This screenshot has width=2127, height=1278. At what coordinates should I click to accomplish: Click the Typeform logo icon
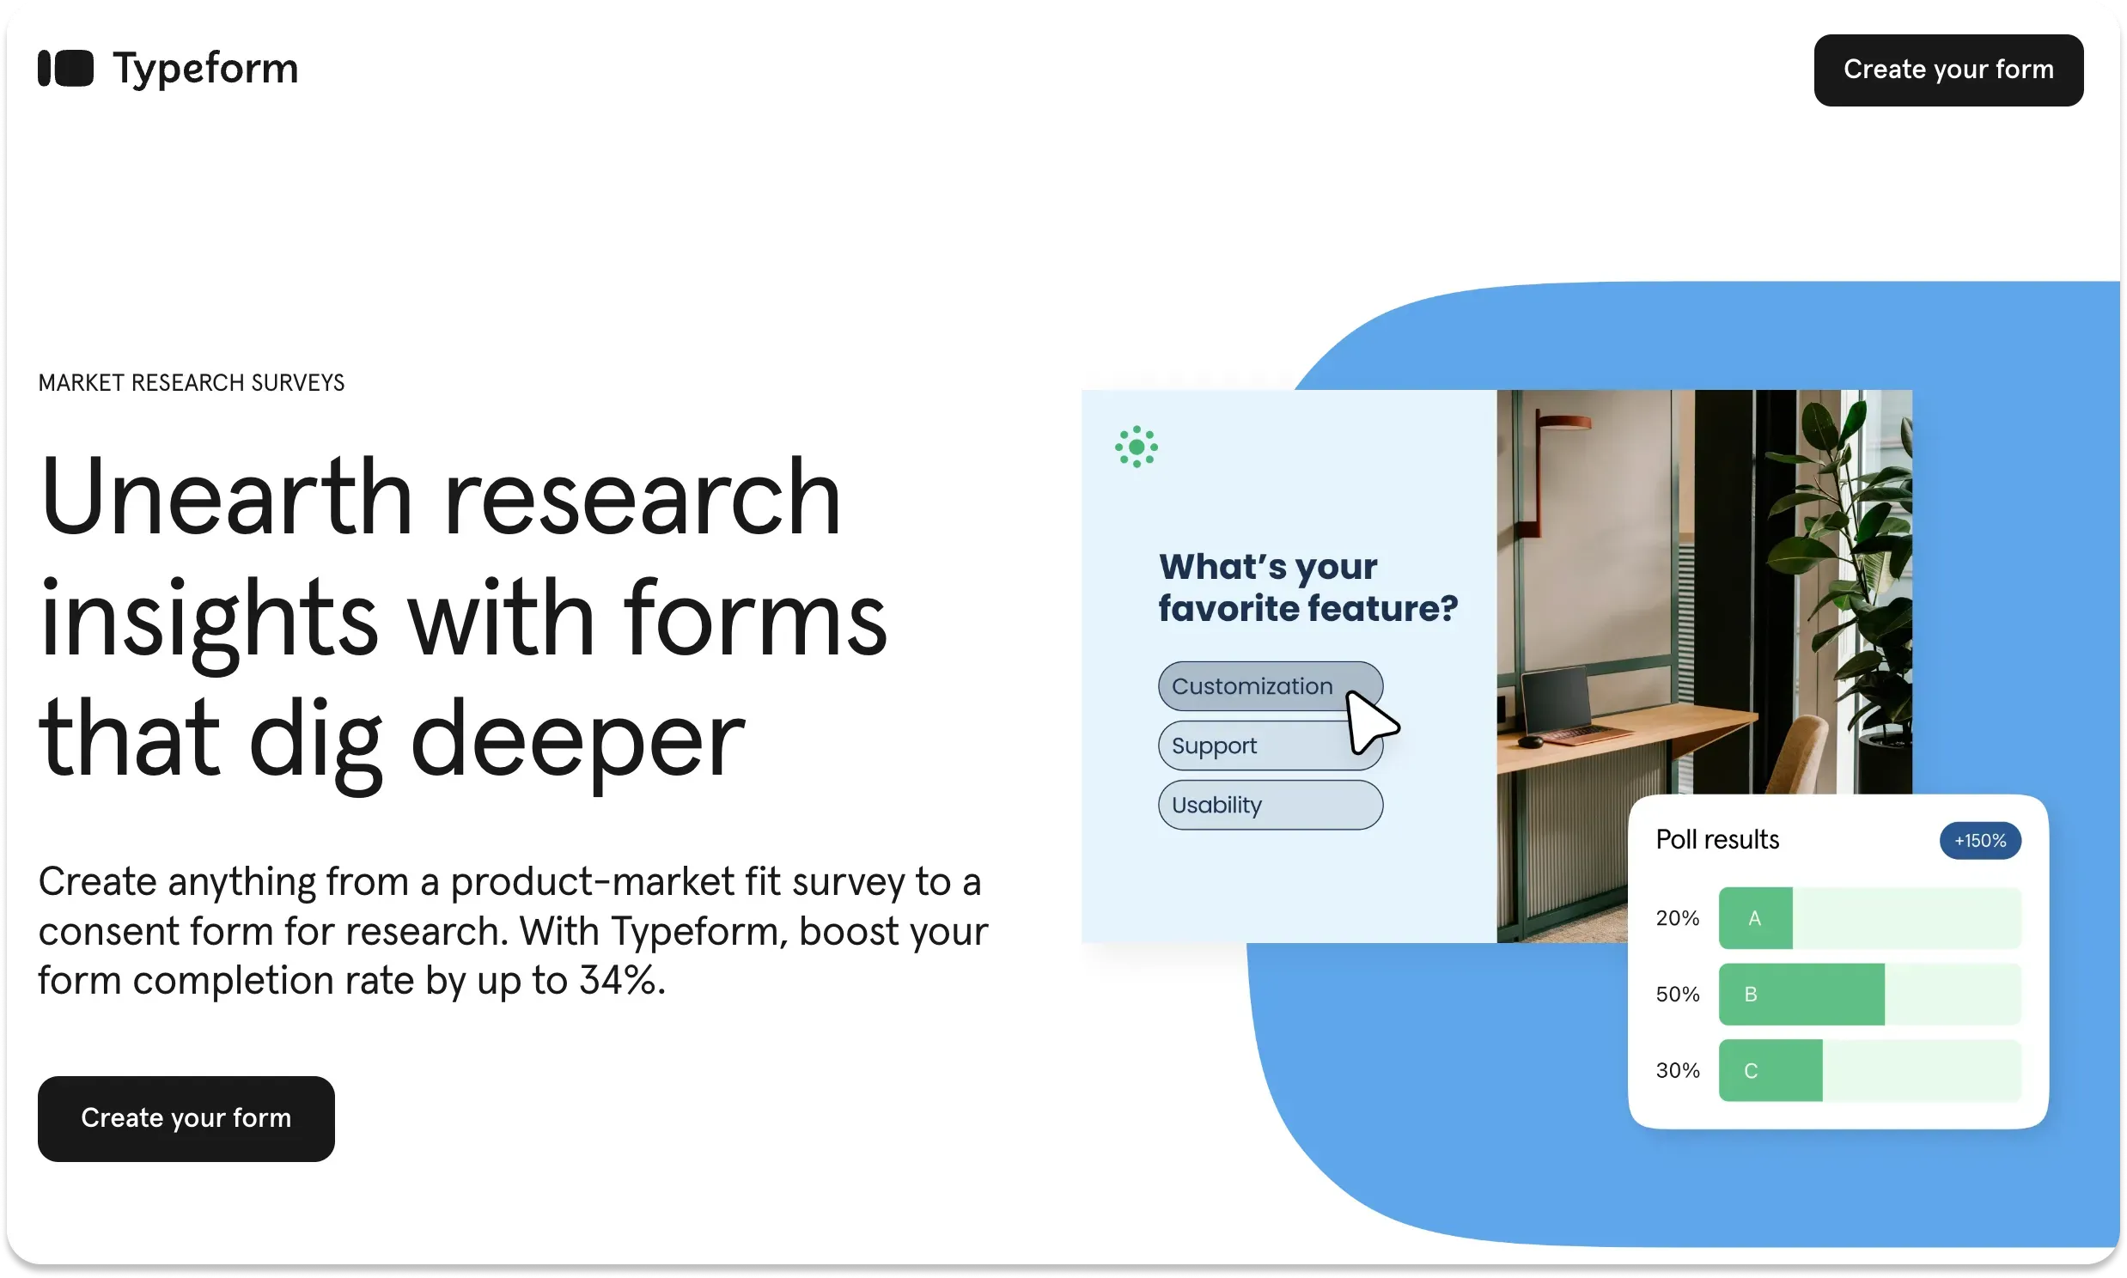[x=65, y=69]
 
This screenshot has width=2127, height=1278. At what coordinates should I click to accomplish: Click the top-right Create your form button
[x=1947, y=70]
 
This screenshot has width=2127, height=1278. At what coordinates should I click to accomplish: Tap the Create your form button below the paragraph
[x=186, y=1117]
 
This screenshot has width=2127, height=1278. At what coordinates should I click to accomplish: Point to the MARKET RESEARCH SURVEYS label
[x=192, y=383]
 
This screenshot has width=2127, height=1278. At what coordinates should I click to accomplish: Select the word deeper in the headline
[x=577, y=739]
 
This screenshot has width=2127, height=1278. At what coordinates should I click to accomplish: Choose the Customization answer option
[x=1252, y=686]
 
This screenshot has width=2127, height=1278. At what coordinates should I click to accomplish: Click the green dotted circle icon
[x=1136, y=447]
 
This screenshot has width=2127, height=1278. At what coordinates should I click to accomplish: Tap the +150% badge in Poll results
[x=1980, y=841]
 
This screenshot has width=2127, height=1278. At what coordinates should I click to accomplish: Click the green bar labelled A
[x=1755, y=918]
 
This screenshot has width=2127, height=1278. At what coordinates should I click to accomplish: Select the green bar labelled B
[x=1801, y=994]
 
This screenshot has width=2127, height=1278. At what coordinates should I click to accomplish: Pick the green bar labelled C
[x=1770, y=1070]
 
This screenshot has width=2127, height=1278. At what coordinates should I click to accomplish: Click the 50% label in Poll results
[x=1677, y=995]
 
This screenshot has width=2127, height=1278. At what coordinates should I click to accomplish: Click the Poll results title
[x=1717, y=840]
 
